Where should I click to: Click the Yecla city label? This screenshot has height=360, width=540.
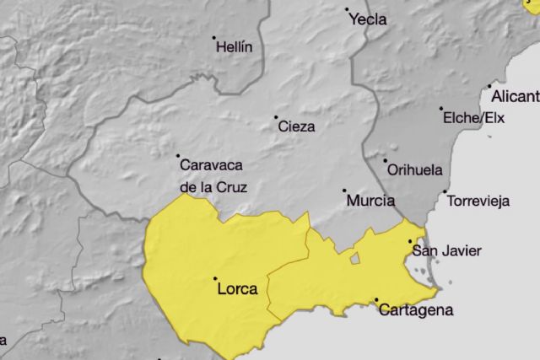click(368, 19)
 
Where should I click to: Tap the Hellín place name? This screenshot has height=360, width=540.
click(234, 47)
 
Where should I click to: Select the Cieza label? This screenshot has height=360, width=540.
click(296, 126)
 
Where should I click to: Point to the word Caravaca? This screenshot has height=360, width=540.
click(207, 166)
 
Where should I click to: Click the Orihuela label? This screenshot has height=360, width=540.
click(414, 169)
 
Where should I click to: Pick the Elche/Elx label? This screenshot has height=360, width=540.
click(474, 118)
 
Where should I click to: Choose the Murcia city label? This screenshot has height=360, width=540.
click(370, 201)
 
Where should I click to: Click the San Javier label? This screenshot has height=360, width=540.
click(446, 250)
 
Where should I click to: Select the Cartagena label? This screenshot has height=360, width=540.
click(416, 309)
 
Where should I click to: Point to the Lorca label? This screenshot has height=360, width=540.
click(237, 288)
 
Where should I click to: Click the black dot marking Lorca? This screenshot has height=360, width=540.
click(215, 279)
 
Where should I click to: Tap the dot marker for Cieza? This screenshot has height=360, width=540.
click(275, 117)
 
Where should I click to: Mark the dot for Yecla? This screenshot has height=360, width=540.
click(347, 10)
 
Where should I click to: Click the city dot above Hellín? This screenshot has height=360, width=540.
click(214, 38)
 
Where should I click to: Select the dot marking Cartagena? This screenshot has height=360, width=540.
click(375, 300)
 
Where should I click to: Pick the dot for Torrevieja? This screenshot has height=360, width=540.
click(445, 191)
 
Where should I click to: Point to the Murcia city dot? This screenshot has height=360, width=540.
click(343, 191)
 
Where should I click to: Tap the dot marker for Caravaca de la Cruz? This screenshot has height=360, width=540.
click(178, 156)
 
